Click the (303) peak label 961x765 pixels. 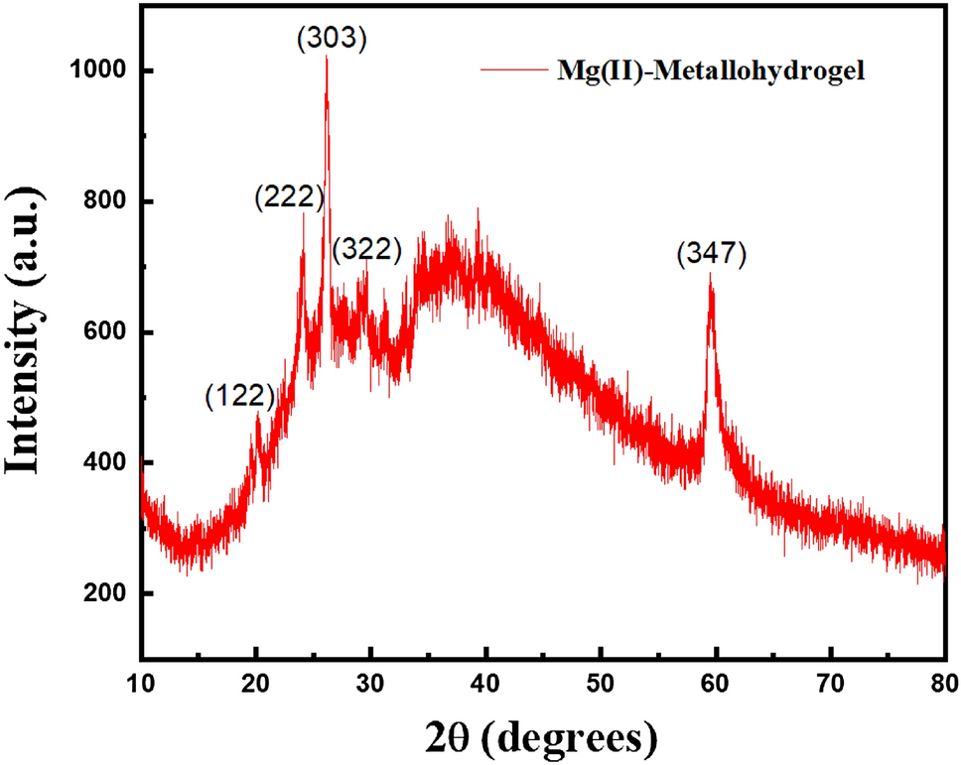[333, 40]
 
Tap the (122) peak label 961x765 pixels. [239, 396]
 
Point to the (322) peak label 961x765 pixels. [367, 249]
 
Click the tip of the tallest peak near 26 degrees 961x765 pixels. [327, 58]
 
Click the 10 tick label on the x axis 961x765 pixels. [142, 684]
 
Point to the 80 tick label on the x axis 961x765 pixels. [942, 684]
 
